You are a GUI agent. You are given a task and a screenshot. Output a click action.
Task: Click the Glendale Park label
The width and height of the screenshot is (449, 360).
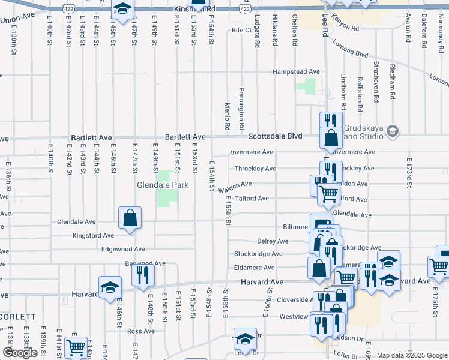point(163,185)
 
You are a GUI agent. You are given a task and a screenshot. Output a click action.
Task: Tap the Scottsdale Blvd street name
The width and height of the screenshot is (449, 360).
point(274,136)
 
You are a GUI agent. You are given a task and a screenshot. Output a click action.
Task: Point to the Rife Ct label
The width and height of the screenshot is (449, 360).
point(241,29)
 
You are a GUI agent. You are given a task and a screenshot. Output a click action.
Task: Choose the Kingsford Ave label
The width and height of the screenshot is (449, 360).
point(93,236)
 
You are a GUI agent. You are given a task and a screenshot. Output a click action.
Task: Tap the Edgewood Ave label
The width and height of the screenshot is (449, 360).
point(123,249)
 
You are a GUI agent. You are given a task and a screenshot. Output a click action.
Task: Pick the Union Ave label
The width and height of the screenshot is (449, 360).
point(18,20)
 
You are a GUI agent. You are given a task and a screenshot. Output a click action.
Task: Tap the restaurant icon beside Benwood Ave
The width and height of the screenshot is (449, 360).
point(143,275)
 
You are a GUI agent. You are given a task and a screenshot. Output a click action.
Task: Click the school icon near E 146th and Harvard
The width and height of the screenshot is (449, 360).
point(110,288)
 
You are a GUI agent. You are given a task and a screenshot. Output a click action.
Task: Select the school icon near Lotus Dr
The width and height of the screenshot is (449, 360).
point(245,340)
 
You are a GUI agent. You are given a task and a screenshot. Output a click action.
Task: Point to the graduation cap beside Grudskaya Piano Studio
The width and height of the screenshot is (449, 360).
point(393,131)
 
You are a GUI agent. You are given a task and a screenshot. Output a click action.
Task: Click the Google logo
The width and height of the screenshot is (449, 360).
point(20,353)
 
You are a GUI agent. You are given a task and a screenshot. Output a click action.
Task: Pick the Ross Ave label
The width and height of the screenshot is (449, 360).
point(141,331)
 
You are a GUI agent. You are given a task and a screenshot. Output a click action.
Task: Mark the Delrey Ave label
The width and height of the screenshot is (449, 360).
point(272,241)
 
